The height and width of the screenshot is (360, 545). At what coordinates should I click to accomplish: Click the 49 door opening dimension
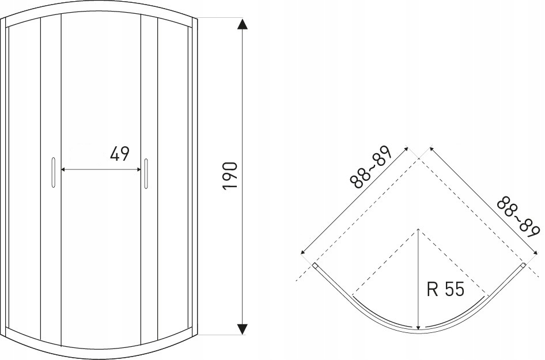pyautogui.click(x=120, y=154)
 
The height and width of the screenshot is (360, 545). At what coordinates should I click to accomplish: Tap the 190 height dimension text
pyautogui.click(x=230, y=176)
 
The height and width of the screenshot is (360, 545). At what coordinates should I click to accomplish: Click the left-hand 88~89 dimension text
pyautogui.click(x=371, y=167)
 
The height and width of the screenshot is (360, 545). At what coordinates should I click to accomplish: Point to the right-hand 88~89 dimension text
pyautogui.click(x=518, y=218)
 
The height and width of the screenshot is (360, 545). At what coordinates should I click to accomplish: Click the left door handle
pyautogui.click(x=53, y=173)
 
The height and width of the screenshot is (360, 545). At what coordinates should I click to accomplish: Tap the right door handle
pyautogui.click(x=146, y=174)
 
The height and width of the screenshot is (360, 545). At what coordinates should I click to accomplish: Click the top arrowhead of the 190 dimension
pyautogui.click(x=243, y=24)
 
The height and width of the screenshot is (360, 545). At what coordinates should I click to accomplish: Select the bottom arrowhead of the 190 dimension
pyautogui.click(x=243, y=329)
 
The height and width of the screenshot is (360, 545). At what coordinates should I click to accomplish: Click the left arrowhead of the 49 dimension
pyautogui.click(x=63, y=169)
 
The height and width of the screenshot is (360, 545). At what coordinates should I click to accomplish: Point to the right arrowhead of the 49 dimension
pyautogui.click(x=138, y=169)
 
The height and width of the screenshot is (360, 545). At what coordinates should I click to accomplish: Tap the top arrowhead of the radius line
pyautogui.click(x=418, y=231)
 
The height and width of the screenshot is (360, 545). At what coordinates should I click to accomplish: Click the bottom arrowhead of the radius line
pyautogui.click(x=419, y=326)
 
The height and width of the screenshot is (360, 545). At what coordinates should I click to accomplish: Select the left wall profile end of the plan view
pyautogui.click(x=315, y=266)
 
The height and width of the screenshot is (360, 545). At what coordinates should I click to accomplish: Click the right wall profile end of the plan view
pyautogui.click(x=523, y=266)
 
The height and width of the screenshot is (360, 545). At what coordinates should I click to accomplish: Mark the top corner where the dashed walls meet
pyautogui.click(x=418, y=158)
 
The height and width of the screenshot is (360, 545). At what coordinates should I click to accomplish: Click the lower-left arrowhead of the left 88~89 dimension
pyautogui.click(x=302, y=252)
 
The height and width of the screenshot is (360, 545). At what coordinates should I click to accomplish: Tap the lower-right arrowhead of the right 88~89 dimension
pyautogui.click(x=535, y=252)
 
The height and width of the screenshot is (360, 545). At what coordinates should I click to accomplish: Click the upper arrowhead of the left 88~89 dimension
pyautogui.click(x=406, y=149)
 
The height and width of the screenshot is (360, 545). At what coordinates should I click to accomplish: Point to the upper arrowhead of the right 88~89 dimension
pyautogui.click(x=432, y=149)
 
